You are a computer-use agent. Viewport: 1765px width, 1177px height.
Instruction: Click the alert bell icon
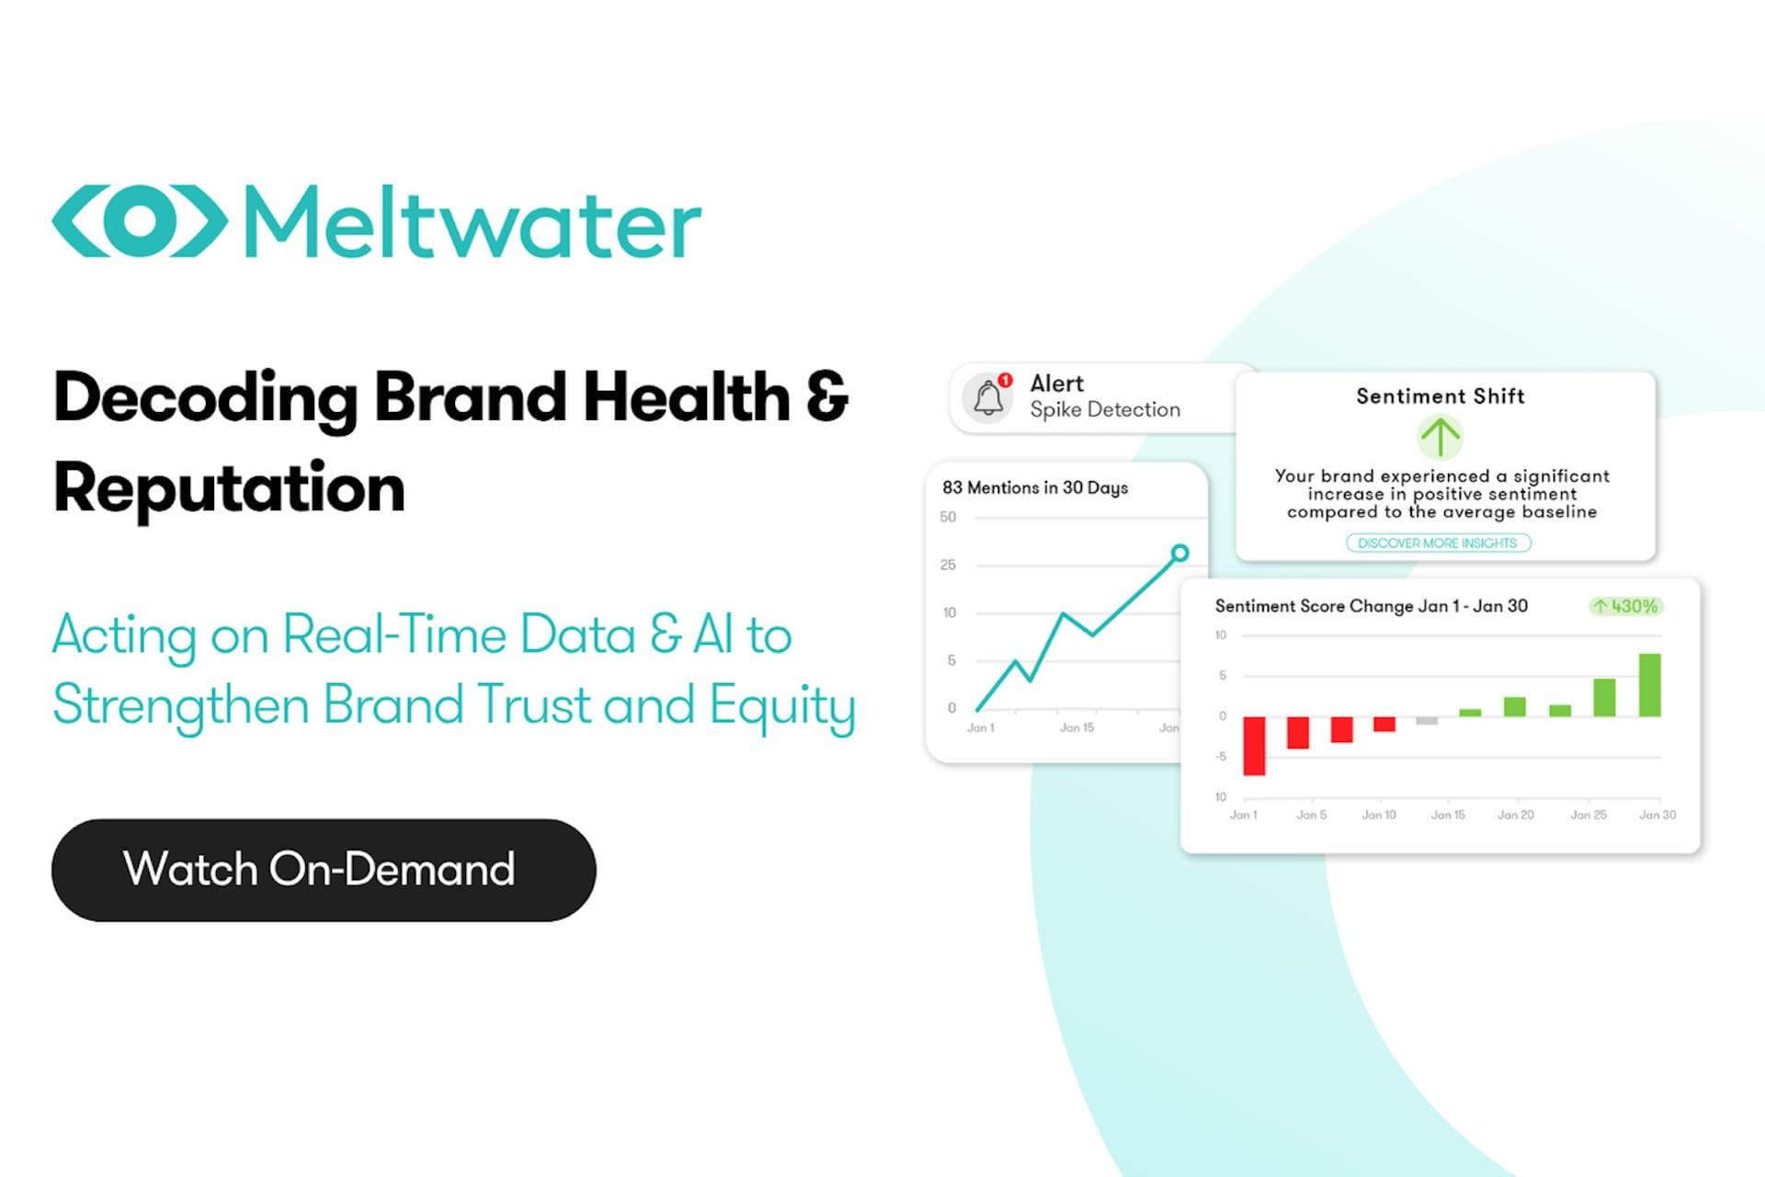(988, 397)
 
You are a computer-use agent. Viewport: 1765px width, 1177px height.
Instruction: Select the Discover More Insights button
(1438, 543)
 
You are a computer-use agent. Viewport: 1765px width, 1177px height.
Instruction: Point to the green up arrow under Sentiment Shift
(1440, 437)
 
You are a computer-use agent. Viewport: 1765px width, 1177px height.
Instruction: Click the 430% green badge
(1625, 606)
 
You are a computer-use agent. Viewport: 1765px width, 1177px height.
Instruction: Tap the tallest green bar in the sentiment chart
(1650, 685)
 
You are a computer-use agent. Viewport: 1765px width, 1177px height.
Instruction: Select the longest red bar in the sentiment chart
(1254, 746)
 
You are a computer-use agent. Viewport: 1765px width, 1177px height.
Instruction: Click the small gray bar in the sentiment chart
(1427, 721)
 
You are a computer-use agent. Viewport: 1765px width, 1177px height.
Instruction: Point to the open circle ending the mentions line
(1179, 553)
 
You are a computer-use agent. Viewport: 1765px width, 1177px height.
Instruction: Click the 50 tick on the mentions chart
(948, 517)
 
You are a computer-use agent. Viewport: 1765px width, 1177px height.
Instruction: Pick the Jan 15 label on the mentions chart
(1076, 727)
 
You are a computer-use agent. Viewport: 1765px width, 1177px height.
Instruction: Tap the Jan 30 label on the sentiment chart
(1657, 815)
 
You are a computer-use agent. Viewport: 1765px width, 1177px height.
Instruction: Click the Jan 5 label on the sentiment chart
(1311, 815)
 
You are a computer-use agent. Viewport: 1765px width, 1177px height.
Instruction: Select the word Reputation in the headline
(229, 488)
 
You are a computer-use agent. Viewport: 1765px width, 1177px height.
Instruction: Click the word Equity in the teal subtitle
(782, 706)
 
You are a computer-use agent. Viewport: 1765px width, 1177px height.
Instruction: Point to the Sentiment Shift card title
(1440, 396)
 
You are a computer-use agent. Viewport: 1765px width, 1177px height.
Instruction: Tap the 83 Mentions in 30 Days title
(1035, 487)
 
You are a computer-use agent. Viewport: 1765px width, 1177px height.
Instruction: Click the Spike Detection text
(1105, 409)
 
